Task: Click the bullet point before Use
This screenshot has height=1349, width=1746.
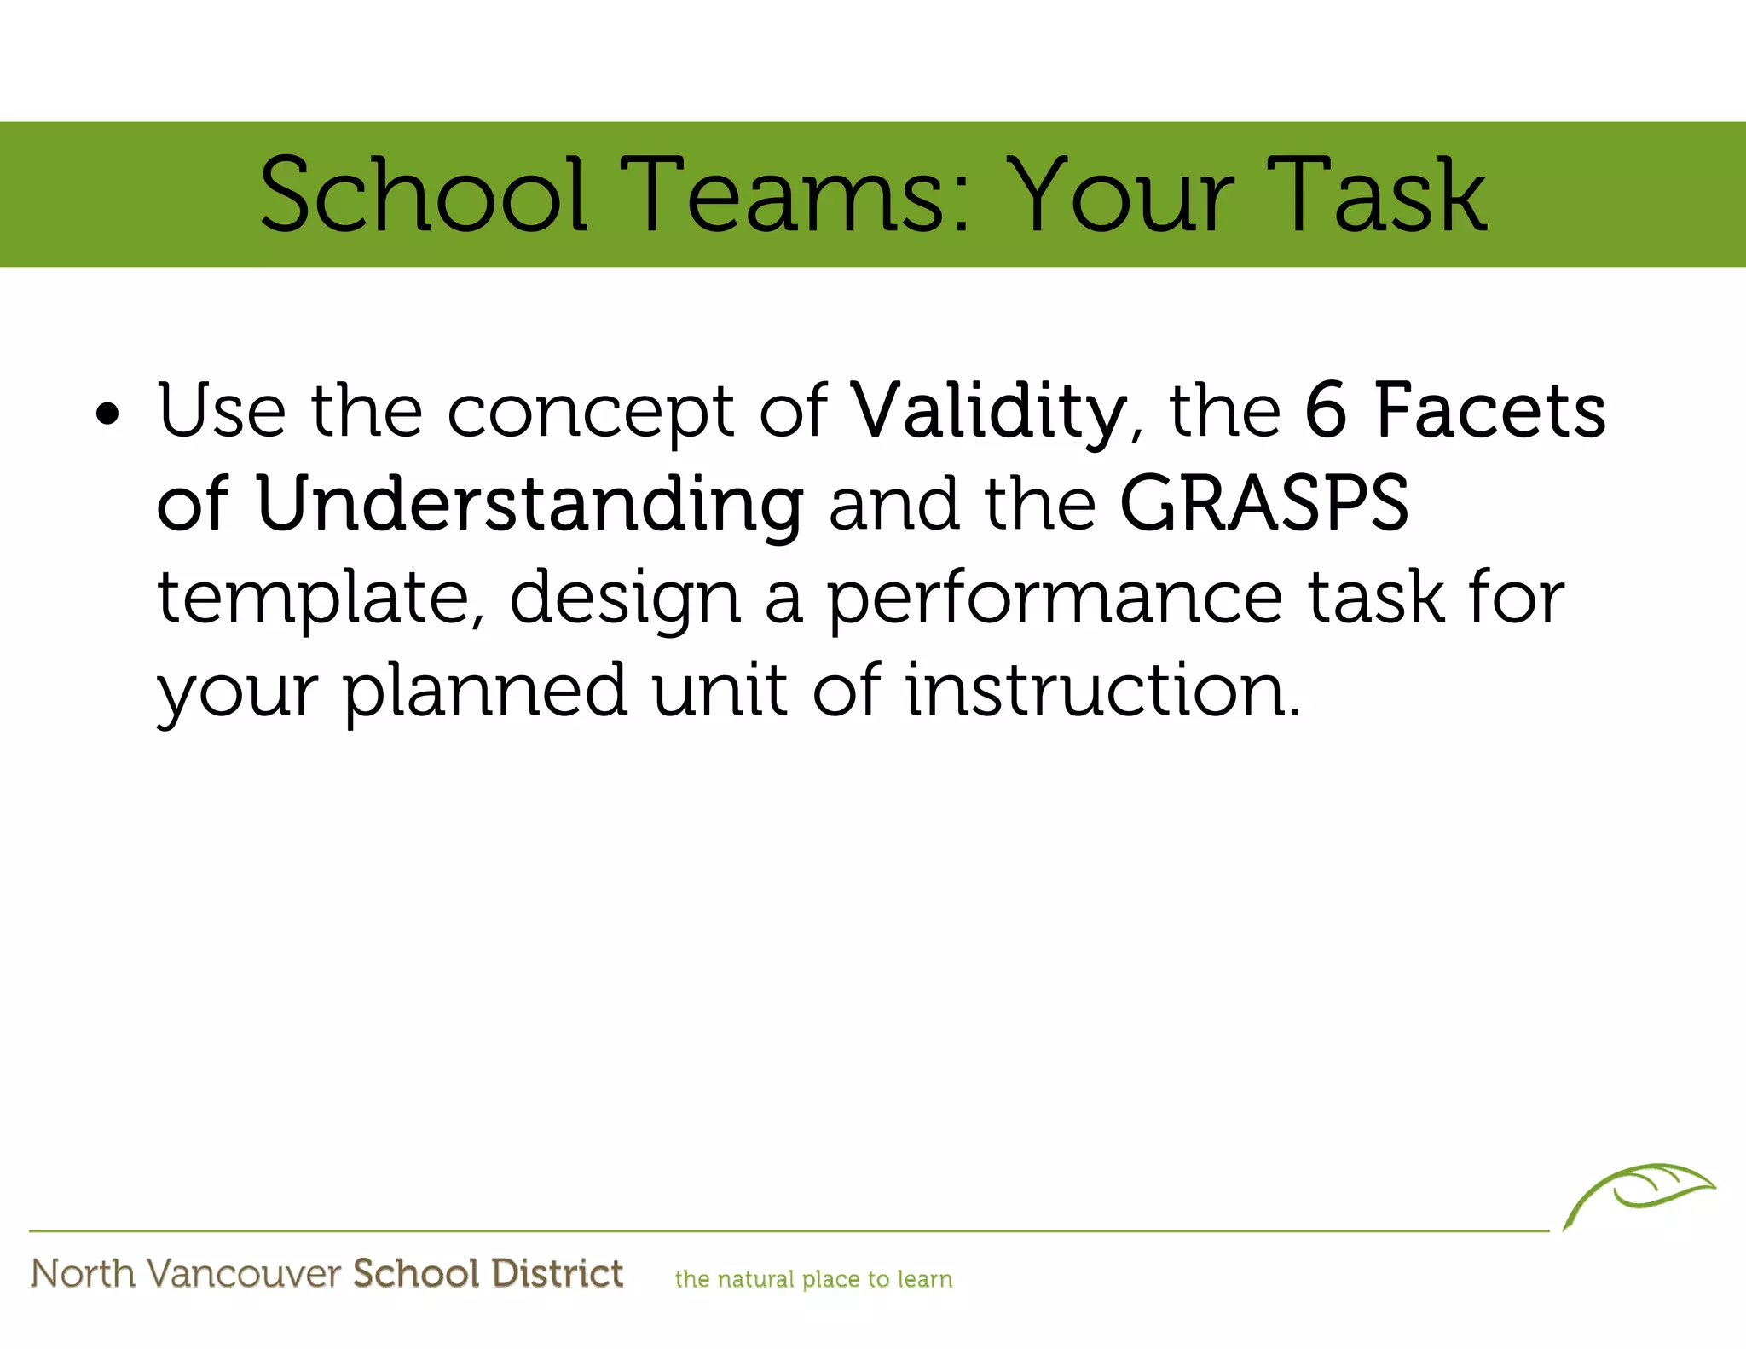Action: pos(107,415)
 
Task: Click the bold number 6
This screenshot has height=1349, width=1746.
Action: pos(1326,411)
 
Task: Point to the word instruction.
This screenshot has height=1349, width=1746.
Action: pos(1101,691)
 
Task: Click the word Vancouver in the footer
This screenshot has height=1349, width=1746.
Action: pos(244,1274)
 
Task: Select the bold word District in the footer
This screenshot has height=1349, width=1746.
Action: pos(558,1273)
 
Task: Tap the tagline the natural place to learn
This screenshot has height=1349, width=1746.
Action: pos(813,1279)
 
